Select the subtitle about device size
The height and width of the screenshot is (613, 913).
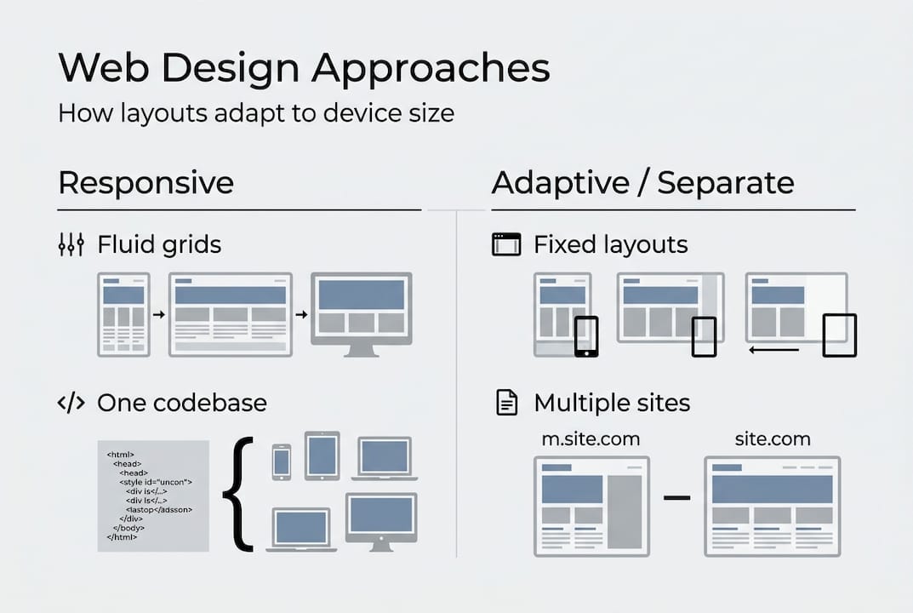click(x=255, y=113)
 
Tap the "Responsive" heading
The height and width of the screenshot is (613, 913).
click(x=146, y=183)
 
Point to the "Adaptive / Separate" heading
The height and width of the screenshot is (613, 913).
click(x=642, y=183)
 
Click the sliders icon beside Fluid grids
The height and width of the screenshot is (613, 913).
click(x=71, y=245)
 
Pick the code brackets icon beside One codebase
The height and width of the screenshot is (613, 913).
click(x=71, y=403)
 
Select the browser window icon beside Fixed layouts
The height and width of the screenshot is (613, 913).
click(x=506, y=245)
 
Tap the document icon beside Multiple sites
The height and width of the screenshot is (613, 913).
click(x=506, y=403)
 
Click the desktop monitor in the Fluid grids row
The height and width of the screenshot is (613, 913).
click(x=361, y=313)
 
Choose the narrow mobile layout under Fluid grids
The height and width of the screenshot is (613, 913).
click(x=123, y=313)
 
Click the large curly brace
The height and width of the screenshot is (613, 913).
click(x=239, y=494)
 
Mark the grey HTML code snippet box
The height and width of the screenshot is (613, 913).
click(x=153, y=496)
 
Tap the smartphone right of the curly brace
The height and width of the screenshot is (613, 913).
click(x=281, y=461)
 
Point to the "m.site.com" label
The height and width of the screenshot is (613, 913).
click(x=591, y=439)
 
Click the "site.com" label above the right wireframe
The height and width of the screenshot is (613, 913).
click(x=772, y=439)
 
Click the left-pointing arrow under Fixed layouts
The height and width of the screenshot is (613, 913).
click(x=773, y=349)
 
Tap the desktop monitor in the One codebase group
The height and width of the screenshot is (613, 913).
click(x=380, y=521)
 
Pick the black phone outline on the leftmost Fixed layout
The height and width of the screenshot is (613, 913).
click(x=586, y=336)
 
